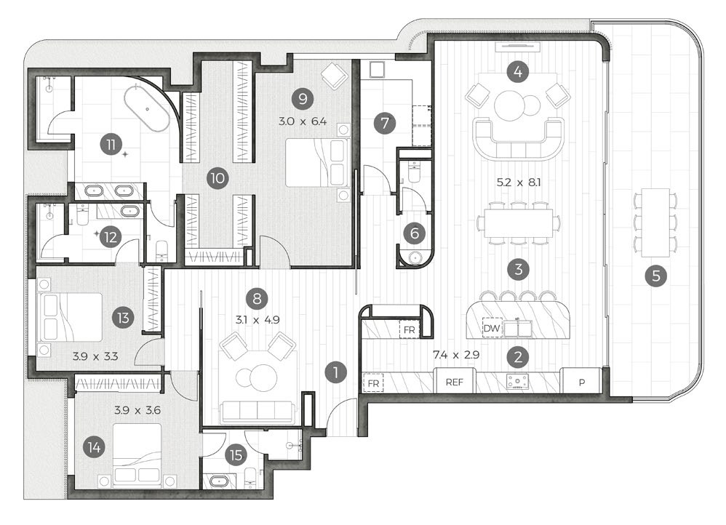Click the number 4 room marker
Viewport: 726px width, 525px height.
click(518, 72)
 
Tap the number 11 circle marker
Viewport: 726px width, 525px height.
click(111, 145)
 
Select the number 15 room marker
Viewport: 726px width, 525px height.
click(236, 455)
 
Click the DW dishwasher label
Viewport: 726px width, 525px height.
click(492, 328)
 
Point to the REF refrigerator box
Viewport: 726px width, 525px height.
click(455, 381)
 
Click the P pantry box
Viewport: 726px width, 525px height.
click(581, 381)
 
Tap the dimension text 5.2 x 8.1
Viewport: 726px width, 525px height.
click(519, 183)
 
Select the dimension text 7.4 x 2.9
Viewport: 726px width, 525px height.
click(455, 355)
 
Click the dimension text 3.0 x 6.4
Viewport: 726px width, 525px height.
click(303, 121)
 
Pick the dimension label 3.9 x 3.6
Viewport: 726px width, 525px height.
click(137, 410)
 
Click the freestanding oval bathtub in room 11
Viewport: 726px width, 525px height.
click(146, 110)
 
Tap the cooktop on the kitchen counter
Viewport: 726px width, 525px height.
click(517, 381)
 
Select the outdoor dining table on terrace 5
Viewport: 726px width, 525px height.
click(655, 223)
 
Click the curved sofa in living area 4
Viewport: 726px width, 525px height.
click(518, 137)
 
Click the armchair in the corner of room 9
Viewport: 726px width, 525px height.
click(335, 75)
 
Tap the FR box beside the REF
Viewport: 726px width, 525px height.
click(373, 383)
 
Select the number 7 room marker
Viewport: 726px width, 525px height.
click(384, 124)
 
